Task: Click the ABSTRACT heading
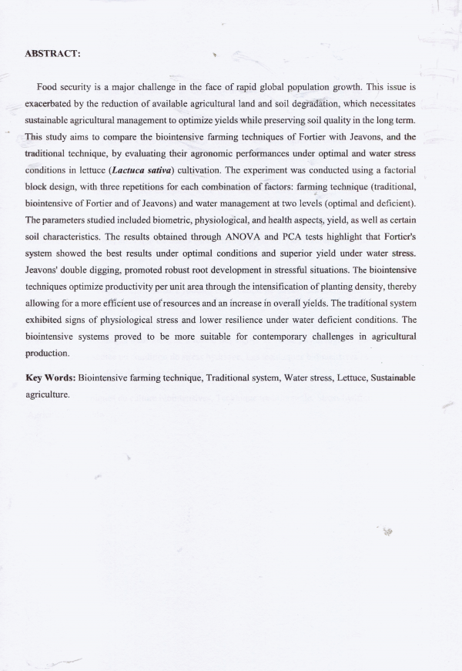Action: click(x=52, y=54)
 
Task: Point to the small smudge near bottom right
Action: click(x=387, y=532)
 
